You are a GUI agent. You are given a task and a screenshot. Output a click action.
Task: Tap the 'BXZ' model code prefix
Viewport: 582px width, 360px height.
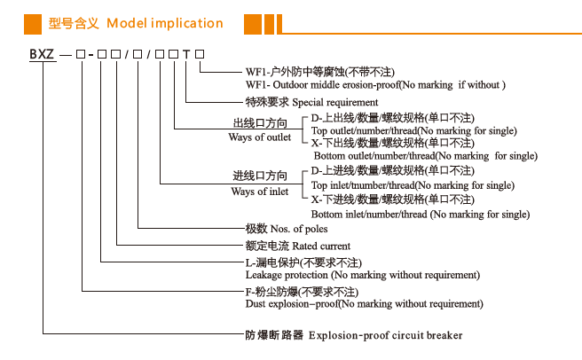pyautogui.click(x=43, y=55)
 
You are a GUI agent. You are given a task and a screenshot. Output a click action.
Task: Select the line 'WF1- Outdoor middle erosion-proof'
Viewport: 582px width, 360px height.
pyautogui.click(x=374, y=85)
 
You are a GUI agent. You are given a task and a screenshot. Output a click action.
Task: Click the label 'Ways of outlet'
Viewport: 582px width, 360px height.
pyautogui.click(x=260, y=137)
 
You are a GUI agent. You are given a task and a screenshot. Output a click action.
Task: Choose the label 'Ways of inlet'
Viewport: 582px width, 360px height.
pyautogui.click(x=260, y=192)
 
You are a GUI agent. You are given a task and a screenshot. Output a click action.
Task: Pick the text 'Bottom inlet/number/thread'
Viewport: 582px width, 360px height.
pyautogui.click(x=421, y=214)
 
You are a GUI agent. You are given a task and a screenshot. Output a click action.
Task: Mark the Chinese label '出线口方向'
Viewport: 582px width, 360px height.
pyautogui.click(x=260, y=123)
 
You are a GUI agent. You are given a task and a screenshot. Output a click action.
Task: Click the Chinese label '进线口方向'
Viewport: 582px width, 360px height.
pyautogui.click(x=260, y=177)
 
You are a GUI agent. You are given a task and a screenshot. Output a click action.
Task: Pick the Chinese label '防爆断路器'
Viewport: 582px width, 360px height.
pyautogui.click(x=274, y=335)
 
